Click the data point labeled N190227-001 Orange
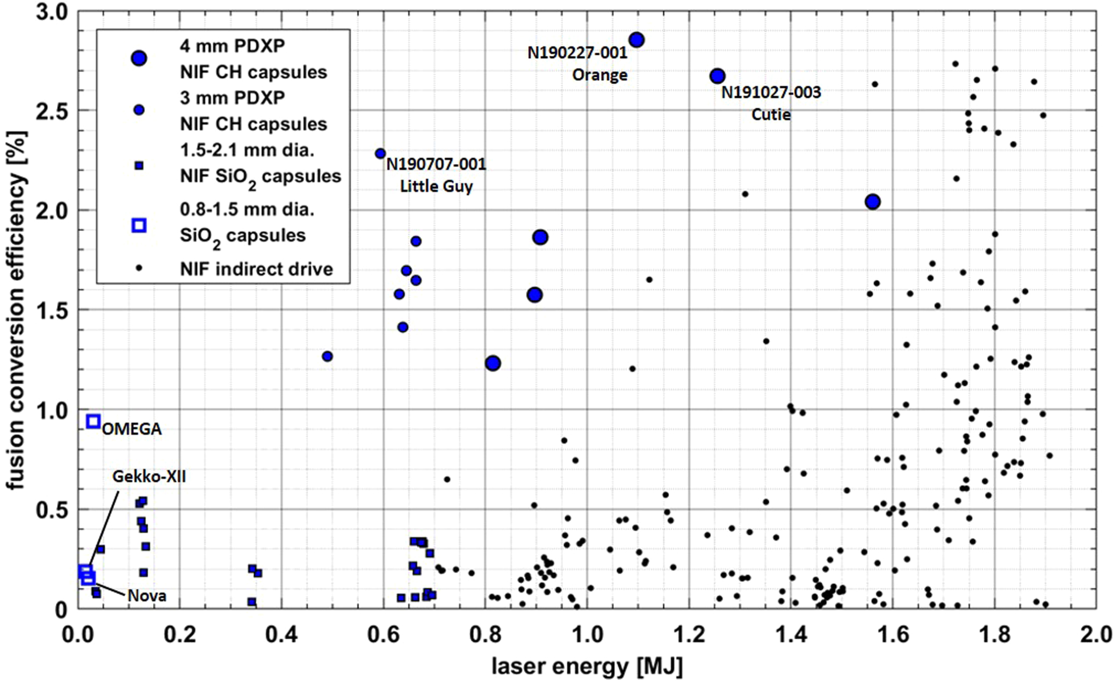[x=636, y=40]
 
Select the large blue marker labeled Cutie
[x=717, y=76]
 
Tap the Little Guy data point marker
[x=380, y=153]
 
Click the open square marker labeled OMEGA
[x=93, y=421]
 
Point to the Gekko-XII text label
[x=149, y=477]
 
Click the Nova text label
[x=147, y=596]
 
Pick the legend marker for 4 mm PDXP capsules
[x=139, y=58]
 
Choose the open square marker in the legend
[x=139, y=225]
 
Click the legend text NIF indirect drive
[x=256, y=269]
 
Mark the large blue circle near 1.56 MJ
[x=873, y=202]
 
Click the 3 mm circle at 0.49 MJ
[x=327, y=356]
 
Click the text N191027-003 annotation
[x=771, y=92]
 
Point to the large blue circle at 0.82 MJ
[x=493, y=363]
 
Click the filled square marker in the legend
[x=139, y=166]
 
